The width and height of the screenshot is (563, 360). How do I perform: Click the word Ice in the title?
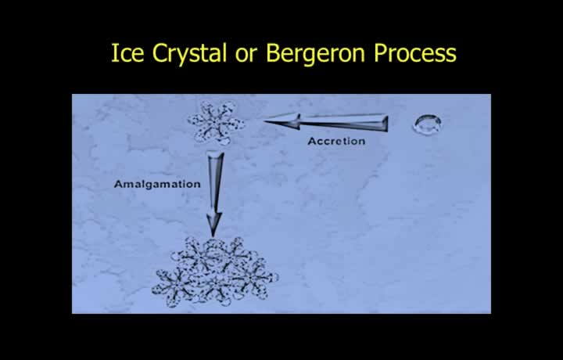coord(127,52)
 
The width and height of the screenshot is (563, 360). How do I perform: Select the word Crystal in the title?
coord(190,55)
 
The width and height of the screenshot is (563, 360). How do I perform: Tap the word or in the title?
coord(246,55)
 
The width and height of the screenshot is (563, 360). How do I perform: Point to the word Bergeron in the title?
coord(316,55)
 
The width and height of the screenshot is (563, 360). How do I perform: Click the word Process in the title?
coord(415,53)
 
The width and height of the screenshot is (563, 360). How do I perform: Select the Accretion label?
coord(336,141)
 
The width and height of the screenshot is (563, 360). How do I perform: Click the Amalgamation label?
coord(157,185)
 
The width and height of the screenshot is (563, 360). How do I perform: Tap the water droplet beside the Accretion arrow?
coord(427,124)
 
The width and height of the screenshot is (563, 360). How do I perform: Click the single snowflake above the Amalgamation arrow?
coord(216,123)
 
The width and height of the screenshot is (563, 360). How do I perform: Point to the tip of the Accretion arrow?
coord(264,121)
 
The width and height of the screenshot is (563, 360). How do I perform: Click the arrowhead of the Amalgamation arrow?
coord(213,225)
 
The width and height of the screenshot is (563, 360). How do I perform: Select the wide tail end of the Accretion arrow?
coord(386,123)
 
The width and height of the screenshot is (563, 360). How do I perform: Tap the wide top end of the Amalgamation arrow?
coord(215,154)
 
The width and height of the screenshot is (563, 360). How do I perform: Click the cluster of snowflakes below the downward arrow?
coord(215,272)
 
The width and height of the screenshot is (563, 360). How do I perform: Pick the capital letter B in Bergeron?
coord(273,53)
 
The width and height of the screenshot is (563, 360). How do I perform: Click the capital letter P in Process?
coord(380,53)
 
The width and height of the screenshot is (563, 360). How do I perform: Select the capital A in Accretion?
coord(312,141)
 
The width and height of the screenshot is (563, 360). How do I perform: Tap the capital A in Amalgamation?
coord(119,184)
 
